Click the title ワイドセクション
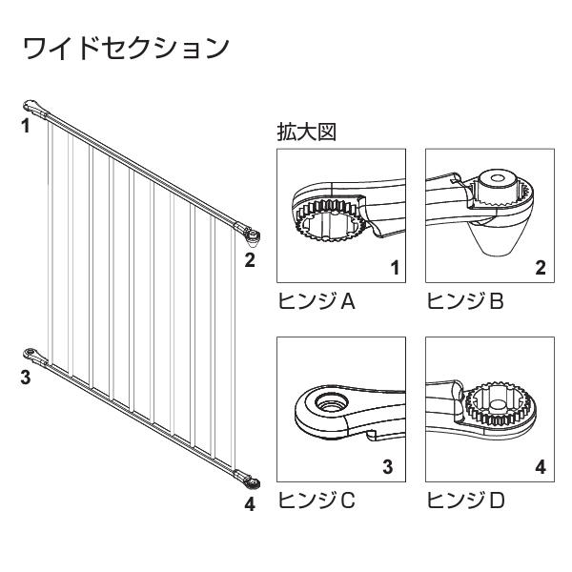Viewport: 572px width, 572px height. [x=126, y=49]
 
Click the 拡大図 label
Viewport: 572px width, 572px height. [x=307, y=132]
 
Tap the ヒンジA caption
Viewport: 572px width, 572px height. [x=317, y=301]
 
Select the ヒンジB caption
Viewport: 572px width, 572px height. [x=465, y=301]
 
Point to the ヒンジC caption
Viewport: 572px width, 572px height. [x=317, y=500]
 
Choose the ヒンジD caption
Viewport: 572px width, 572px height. [x=465, y=500]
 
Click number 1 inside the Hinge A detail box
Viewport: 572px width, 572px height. [x=395, y=268]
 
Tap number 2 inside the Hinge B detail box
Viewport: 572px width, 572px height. [x=541, y=268]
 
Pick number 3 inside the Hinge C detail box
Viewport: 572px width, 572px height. [x=387, y=467]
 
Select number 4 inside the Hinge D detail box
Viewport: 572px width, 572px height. [x=541, y=467]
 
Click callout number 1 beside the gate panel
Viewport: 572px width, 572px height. [x=25, y=126]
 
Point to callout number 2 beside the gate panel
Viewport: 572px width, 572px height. [x=250, y=260]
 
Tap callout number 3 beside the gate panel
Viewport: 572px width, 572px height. [x=25, y=378]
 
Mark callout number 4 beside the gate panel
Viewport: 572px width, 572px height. [x=250, y=504]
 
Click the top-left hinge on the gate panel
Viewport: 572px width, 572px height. [x=35, y=107]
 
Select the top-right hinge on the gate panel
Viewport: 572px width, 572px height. [x=248, y=233]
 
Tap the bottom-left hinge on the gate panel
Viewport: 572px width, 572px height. [x=34, y=355]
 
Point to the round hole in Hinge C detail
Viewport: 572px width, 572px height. [x=331, y=401]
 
